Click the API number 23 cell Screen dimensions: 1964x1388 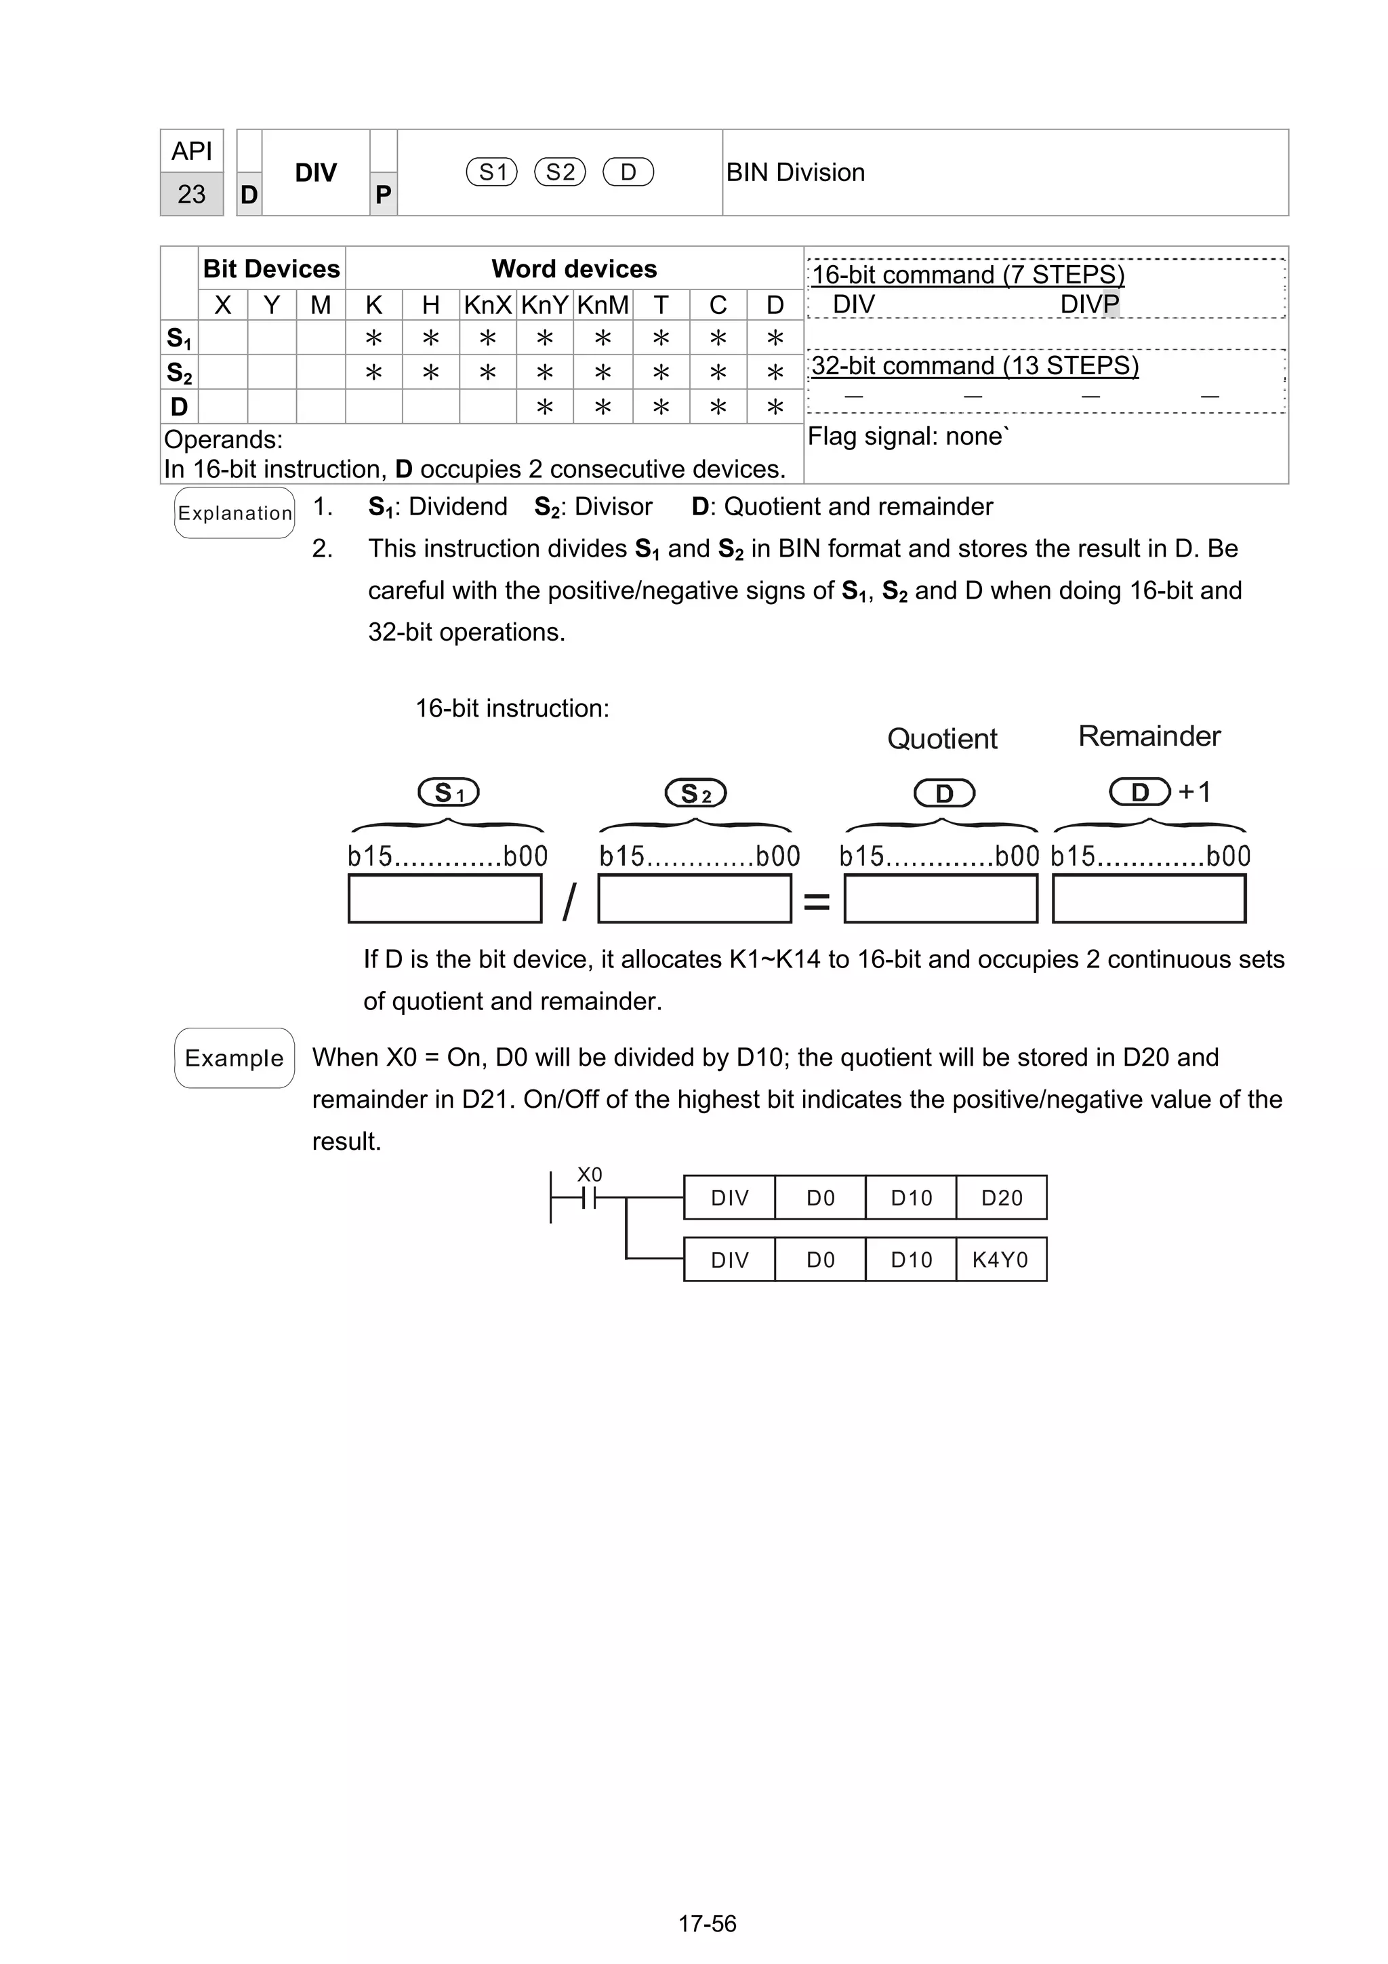pos(192,194)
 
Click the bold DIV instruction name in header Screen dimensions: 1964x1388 pos(316,173)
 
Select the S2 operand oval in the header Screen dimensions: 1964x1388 pos(560,173)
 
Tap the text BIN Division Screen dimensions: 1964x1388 pos(796,173)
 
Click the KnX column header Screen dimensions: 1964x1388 pos(487,305)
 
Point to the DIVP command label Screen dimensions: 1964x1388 pos(1088,304)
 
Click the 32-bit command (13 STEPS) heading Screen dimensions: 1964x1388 pos(975,366)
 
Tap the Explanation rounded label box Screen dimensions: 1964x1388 pos(234,513)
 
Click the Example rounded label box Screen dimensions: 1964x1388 pos(234,1058)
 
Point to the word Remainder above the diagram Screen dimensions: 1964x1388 pos(1149,736)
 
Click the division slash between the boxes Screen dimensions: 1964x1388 pos(569,902)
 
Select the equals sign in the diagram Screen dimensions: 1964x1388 pos(817,902)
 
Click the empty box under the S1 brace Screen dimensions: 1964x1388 pos(445,899)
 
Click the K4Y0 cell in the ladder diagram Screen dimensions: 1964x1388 pos(1000,1260)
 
